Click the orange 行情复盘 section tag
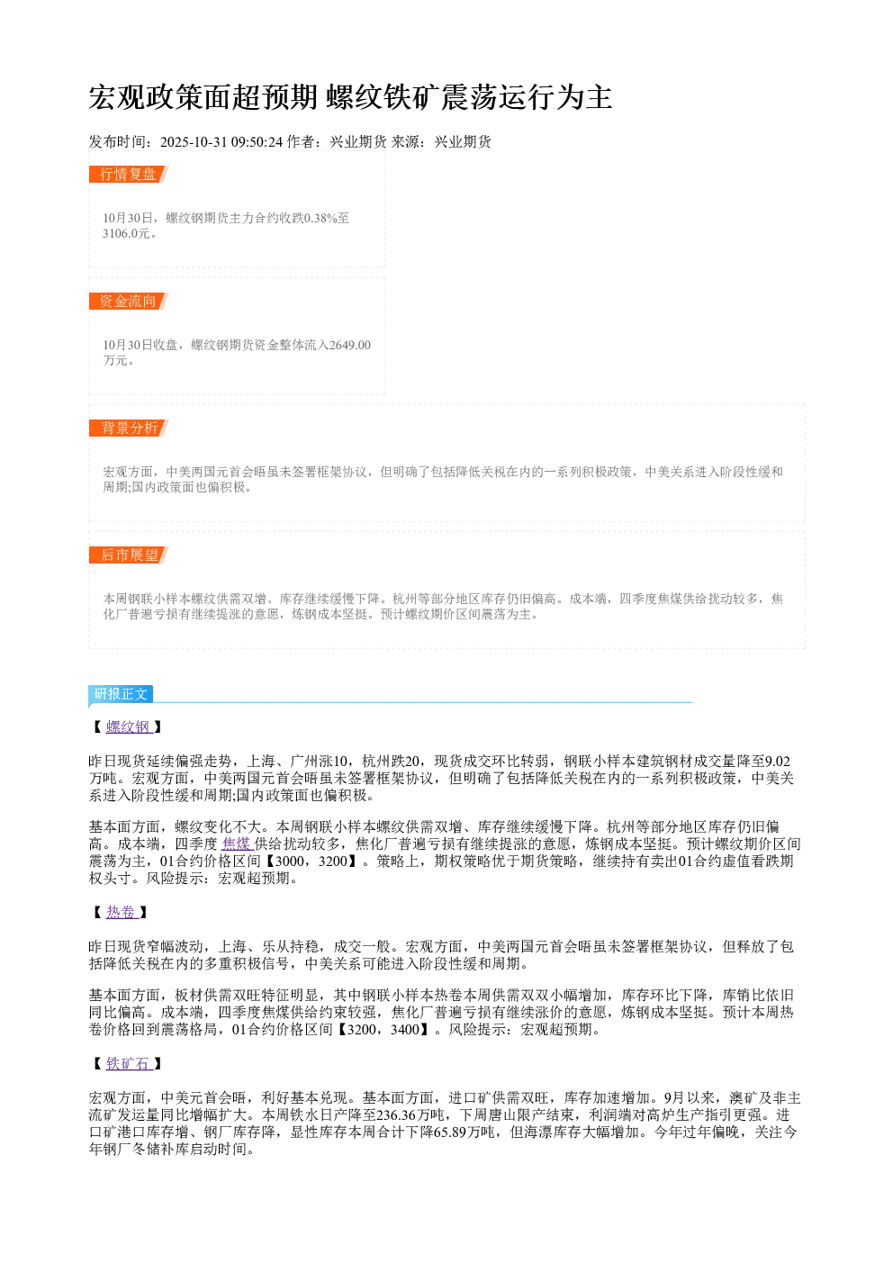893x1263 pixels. pyautogui.click(x=129, y=175)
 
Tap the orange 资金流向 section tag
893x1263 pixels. pyautogui.click(x=129, y=301)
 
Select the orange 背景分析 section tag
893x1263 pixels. pyautogui.click(x=129, y=428)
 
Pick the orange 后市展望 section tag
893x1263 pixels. pyautogui.click(x=129, y=555)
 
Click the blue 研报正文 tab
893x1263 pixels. pyautogui.click(x=121, y=693)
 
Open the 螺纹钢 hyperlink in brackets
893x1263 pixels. pyautogui.click(x=129, y=726)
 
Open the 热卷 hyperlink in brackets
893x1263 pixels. pyautogui.click(x=122, y=912)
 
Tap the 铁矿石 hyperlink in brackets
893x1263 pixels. pyautogui.click(x=129, y=1064)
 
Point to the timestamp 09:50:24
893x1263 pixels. pyautogui.click(x=257, y=142)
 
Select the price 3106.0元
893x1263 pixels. pyautogui.click(x=126, y=233)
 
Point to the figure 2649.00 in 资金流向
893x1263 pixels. pyautogui.click(x=349, y=345)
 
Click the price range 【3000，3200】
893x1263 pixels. pyautogui.click(x=311, y=861)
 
